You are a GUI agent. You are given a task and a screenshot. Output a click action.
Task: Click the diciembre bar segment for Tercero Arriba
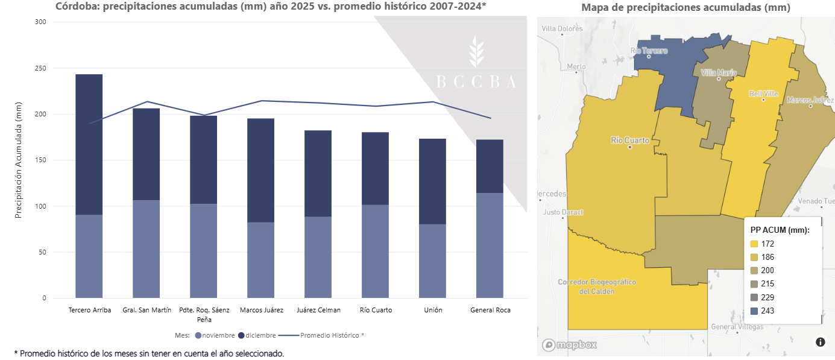89,144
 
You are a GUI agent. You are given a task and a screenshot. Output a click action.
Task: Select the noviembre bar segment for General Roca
490,245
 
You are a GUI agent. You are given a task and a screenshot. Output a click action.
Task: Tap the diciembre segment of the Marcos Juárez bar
260,170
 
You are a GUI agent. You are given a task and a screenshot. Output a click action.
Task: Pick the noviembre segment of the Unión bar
432,261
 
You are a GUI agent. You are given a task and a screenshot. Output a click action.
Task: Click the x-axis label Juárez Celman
318,310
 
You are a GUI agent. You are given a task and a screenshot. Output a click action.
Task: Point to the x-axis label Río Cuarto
376,310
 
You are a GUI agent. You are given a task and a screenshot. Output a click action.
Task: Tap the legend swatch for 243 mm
754,311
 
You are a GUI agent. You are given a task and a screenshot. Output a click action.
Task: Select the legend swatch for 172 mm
754,244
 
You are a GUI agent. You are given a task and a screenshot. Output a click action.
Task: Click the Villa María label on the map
719,73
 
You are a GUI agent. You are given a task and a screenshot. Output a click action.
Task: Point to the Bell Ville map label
763,94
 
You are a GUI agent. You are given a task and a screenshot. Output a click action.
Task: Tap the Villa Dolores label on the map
562,28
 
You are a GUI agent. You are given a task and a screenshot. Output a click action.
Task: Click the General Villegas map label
737,327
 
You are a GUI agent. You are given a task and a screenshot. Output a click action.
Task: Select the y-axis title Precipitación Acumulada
19,160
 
